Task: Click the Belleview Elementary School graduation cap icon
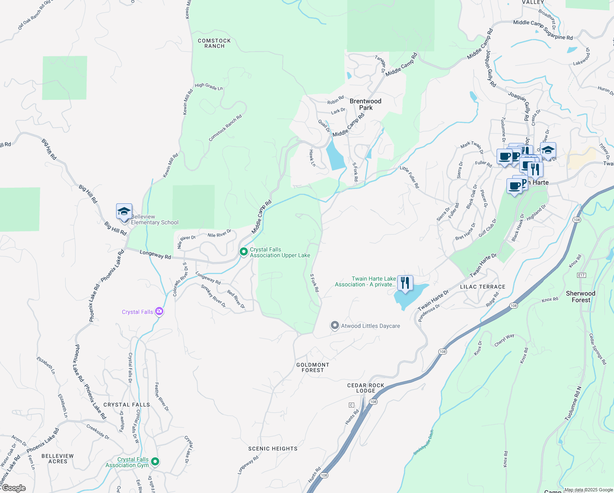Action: point(124,212)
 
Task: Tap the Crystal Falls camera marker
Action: point(159,312)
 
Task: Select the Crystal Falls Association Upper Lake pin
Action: point(244,251)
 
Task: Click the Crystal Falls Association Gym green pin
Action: point(155,461)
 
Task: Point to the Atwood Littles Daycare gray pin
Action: point(335,326)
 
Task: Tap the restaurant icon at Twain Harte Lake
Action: point(405,283)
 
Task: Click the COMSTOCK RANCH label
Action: point(214,44)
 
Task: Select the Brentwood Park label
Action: point(365,104)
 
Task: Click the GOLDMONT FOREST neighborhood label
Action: point(313,367)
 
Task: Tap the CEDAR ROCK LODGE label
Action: point(366,388)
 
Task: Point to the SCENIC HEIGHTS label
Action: point(273,449)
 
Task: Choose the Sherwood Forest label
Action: point(580,297)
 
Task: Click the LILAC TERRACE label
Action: point(483,287)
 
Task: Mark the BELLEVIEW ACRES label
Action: point(57,458)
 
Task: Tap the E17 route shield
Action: point(581,275)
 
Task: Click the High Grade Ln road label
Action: point(208,87)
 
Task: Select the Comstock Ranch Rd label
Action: point(225,128)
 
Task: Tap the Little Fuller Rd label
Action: point(410,177)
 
